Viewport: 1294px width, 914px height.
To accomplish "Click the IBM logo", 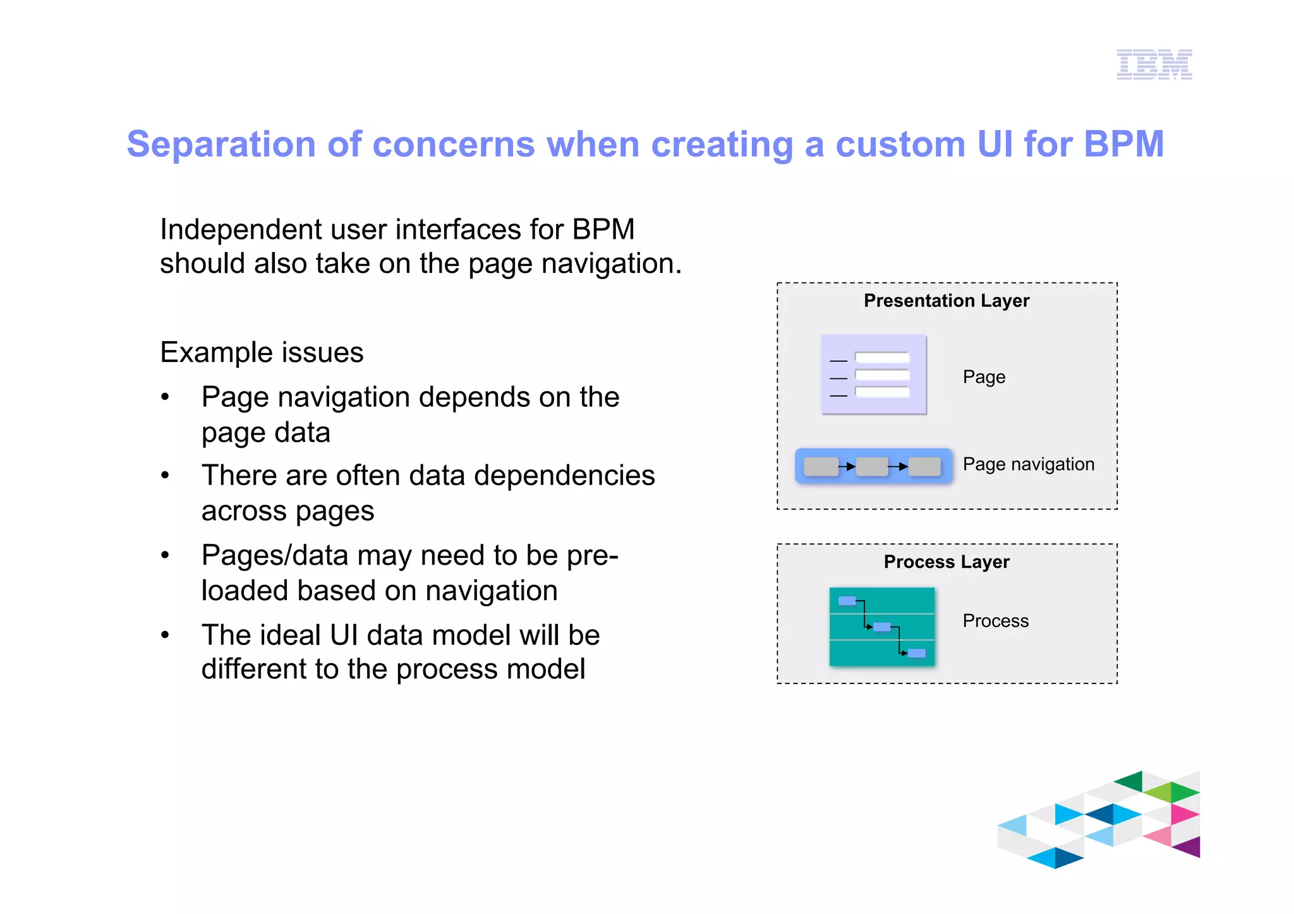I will pyautogui.click(x=1154, y=64).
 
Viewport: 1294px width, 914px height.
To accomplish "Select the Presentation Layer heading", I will pyautogui.click(x=946, y=301).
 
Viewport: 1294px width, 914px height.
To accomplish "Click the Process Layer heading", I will pyautogui.click(x=946, y=562).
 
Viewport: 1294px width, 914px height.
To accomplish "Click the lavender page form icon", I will pyautogui.click(x=873, y=375).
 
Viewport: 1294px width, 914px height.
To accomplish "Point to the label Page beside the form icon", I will pyautogui.click(x=983, y=377).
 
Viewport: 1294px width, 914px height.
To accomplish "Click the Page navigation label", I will pyautogui.click(x=1028, y=464).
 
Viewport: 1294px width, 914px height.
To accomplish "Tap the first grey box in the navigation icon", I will pyautogui.click(x=821, y=467).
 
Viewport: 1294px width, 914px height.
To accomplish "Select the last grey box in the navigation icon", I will pyautogui.click(x=924, y=467).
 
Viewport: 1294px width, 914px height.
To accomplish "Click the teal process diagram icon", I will pyautogui.click(x=881, y=627).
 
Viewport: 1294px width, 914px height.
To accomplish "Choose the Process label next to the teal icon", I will pyautogui.click(x=995, y=621).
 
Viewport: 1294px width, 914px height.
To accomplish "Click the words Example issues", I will pyautogui.click(x=262, y=352).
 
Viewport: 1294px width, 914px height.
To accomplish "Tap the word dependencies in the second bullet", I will pyautogui.click(x=564, y=476).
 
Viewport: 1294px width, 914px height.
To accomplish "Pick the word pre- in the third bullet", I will pyautogui.click(x=592, y=556).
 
